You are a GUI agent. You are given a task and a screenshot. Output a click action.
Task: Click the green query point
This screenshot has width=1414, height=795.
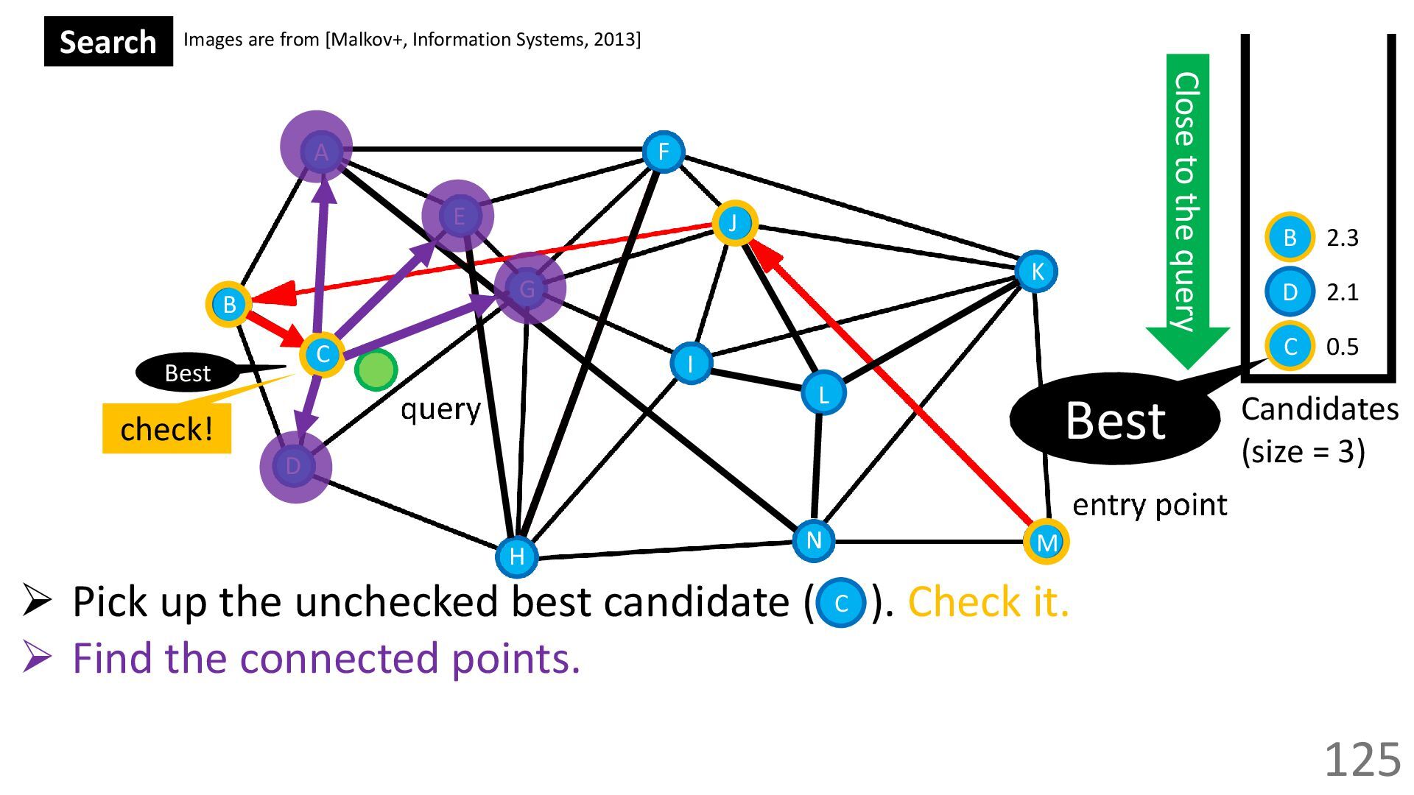click(x=376, y=370)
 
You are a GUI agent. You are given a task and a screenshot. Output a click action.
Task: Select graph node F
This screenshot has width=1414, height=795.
click(x=663, y=152)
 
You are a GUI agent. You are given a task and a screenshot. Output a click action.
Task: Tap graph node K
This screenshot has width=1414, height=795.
click(x=1036, y=272)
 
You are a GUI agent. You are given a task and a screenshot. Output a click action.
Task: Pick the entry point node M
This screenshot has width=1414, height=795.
click(x=1046, y=543)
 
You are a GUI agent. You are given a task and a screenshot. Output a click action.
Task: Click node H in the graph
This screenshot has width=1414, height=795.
click(x=516, y=556)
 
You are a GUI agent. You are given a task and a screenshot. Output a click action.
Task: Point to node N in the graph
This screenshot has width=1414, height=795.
click(x=813, y=541)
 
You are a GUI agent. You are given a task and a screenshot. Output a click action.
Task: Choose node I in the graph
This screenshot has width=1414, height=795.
click(x=690, y=363)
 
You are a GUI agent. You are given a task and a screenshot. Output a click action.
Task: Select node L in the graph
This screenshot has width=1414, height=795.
click(x=823, y=394)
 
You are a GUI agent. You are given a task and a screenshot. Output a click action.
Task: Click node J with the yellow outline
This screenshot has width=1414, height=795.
click(x=734, y=222)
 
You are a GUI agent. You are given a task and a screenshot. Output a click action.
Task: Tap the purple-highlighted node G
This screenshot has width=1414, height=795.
click(x=528, y=289)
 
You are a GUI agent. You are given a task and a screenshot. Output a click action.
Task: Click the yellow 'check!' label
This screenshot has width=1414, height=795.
click(x=166, y=428)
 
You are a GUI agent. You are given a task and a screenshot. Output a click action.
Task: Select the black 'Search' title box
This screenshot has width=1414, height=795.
click(x=108, y=42)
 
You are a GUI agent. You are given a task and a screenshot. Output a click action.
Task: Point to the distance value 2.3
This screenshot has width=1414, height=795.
click(x=1342, y=238)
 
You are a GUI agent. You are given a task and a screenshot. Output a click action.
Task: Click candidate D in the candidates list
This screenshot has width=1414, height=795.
click(x=1290, y=292)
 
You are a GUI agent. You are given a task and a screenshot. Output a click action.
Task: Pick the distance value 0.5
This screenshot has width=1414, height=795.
click(x=1342, y=347)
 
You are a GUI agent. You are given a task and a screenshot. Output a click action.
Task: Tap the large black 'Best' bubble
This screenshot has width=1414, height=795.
click(x=1114, y=420)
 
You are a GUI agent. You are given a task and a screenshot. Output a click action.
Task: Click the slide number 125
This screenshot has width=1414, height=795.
click(x=1362, y=759)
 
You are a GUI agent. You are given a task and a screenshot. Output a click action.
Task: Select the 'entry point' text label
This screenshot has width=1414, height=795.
click(x=1149, y=505)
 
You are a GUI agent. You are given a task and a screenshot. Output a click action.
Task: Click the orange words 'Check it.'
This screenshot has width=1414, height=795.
click(x=988, y=602)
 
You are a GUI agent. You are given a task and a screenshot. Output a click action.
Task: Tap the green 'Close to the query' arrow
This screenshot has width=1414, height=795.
click(x=1186, y=206)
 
